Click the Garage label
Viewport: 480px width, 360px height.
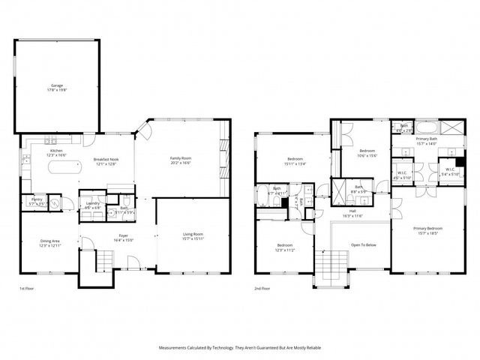(57, 85)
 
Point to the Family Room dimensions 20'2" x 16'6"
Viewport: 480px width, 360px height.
(181, 163)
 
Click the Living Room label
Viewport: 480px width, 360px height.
(193, 235)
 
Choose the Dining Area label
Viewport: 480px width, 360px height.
(49, 241)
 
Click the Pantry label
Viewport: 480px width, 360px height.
(35, 199)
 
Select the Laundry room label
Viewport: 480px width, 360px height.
(94, 202)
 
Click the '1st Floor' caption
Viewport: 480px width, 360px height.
(27, 288)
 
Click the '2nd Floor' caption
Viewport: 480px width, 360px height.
(262, 288)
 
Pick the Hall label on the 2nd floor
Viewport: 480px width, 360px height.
(352, 211)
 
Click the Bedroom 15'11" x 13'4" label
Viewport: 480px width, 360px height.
(294, 158)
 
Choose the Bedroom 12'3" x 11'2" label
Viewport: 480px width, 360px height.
(284, 245)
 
